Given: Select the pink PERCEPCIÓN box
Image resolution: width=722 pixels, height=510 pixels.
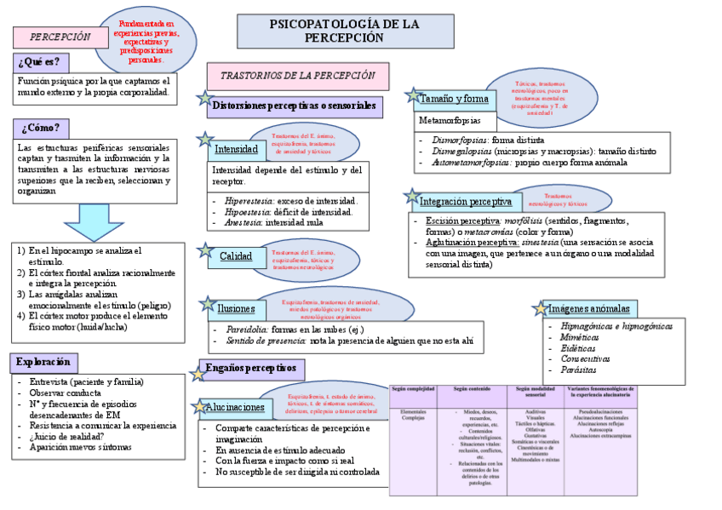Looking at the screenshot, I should pos(60,37).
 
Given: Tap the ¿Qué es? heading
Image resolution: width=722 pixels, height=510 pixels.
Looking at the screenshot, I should pos(41,62).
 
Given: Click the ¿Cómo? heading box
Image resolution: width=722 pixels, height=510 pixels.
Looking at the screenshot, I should pos(41,128).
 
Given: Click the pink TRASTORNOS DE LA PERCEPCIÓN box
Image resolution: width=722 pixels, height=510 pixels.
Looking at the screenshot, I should pos(297,76).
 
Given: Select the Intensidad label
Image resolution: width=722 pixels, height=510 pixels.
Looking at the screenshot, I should pos(235,149).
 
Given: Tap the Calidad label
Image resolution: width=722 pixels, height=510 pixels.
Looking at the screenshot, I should pos(236,256).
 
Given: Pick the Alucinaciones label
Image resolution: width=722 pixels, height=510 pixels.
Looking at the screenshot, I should pos(234,409).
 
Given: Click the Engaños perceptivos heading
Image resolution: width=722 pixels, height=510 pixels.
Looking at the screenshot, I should pos(250,368).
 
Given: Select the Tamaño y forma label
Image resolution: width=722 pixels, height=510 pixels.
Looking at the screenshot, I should pos(454,99).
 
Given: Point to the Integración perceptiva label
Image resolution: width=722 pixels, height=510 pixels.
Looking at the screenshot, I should pos(465,202).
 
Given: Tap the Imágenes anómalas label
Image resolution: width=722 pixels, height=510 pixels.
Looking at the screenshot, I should pos(588,308).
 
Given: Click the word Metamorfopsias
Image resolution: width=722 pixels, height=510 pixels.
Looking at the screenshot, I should pos(450,120).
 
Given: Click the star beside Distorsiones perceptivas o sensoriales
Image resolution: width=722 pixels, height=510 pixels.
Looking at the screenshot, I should pos(204,99).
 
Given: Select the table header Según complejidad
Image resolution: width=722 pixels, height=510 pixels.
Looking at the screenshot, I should pos(413,392).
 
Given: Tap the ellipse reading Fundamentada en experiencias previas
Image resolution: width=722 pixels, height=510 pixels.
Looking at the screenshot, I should pos(146,42).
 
